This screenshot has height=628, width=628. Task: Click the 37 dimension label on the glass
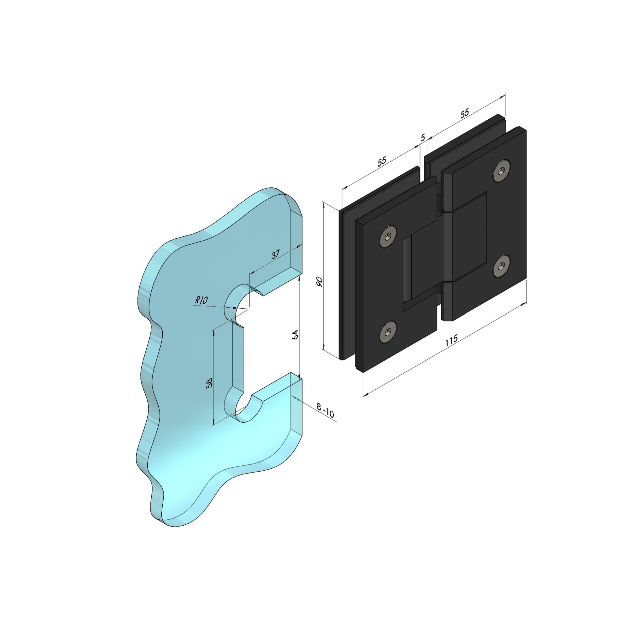[x=275, y=254]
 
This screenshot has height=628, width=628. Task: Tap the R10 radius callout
[x=201, y=300]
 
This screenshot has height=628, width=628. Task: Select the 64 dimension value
[x=295, y=334]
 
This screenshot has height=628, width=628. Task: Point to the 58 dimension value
[x=210, y=382]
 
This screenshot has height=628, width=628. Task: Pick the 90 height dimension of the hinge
[x=320, y=281]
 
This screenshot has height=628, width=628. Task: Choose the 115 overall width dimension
[x=451, y=340]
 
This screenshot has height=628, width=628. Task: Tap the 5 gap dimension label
[x=423, y=138]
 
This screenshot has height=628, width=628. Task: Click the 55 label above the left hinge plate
[x=382, y=161]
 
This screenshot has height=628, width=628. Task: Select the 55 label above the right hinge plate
[x=465, y=113]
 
